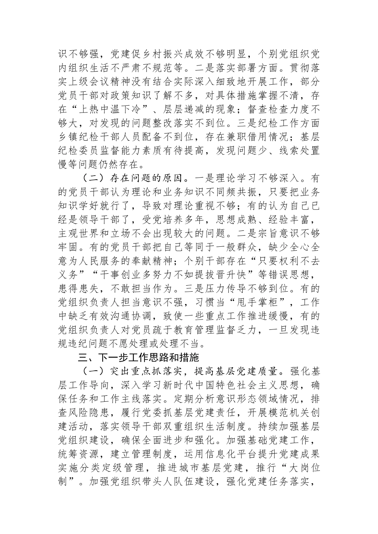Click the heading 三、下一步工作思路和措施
[x=138, y=358]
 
